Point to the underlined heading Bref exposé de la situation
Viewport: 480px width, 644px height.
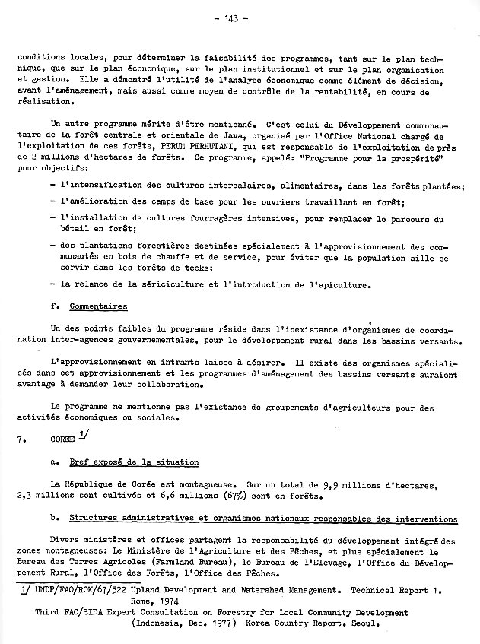(134, 462)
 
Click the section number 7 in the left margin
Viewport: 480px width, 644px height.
(28, 439)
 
